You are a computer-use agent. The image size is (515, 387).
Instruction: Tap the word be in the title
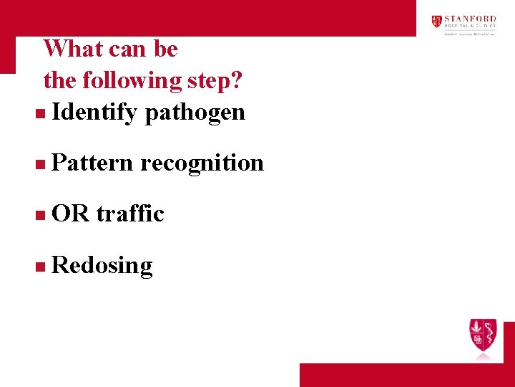point(165,49)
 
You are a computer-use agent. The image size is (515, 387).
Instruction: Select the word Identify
point(94,112)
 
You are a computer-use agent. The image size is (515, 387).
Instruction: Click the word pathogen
point(195,112)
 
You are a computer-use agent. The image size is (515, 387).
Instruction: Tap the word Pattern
point(92,163)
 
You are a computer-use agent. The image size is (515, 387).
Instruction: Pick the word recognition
point(202,163)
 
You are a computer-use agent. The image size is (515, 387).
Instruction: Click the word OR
point(70,214)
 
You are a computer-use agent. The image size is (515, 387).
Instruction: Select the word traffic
point(130,214)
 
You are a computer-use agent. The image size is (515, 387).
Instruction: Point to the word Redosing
point(102,265)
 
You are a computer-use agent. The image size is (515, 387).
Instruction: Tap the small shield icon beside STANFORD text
point(436,21)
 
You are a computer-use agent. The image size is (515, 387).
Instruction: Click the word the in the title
point(60,80)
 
